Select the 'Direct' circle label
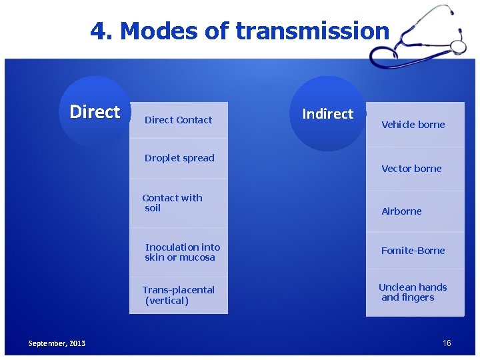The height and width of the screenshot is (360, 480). click(x=95, y=112)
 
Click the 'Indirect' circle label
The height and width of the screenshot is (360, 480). click(x=327, y=114)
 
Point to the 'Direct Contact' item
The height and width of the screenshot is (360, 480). click(x=178, y=120)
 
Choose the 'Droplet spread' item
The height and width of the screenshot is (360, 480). click(x=179, y=158)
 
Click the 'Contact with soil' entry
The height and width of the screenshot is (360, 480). click(x=172, y=203)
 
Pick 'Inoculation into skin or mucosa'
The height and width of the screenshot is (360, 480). click(x=181, y=252)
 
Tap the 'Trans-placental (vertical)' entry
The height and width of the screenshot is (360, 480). click(x=178, y=295)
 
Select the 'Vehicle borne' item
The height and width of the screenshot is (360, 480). click(x=413, y=125)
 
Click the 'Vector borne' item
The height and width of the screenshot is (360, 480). click(x=411, y=169)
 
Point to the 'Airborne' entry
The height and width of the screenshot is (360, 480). click(x=401, y=211)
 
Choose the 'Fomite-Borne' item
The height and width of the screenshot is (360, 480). click(x=413, y=251)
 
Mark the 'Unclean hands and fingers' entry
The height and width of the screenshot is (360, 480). click(x=412, y=292)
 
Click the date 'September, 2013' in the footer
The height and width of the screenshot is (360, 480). click(x=57, y=343)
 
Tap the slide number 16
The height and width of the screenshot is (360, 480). click(x=447, y=343)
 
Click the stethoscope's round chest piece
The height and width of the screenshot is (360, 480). click(x=458, y=46)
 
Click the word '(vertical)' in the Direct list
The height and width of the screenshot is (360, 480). click(x=167, y=301)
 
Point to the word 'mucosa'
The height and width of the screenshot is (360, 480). click(x=198, y=257)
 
